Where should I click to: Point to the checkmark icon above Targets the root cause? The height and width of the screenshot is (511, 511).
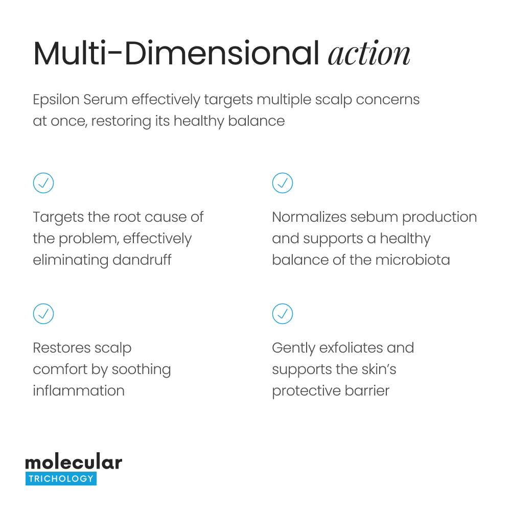(x=43, y=182)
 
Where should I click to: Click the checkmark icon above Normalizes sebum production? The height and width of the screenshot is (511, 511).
(x=283, y=182)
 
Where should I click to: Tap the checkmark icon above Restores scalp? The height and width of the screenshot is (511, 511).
(x=43, y=313)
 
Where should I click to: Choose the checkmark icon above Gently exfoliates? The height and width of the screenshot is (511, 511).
(x=283, y=313)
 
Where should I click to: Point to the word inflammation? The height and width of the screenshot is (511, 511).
(x=79, y=390)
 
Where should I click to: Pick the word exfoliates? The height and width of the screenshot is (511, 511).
(x=351, y=348)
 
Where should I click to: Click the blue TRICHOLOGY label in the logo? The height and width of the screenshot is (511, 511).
(x=61, y=479)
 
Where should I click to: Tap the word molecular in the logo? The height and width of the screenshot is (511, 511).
(x=74, y=462)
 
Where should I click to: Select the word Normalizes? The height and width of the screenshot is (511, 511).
(x=309, y=217)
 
